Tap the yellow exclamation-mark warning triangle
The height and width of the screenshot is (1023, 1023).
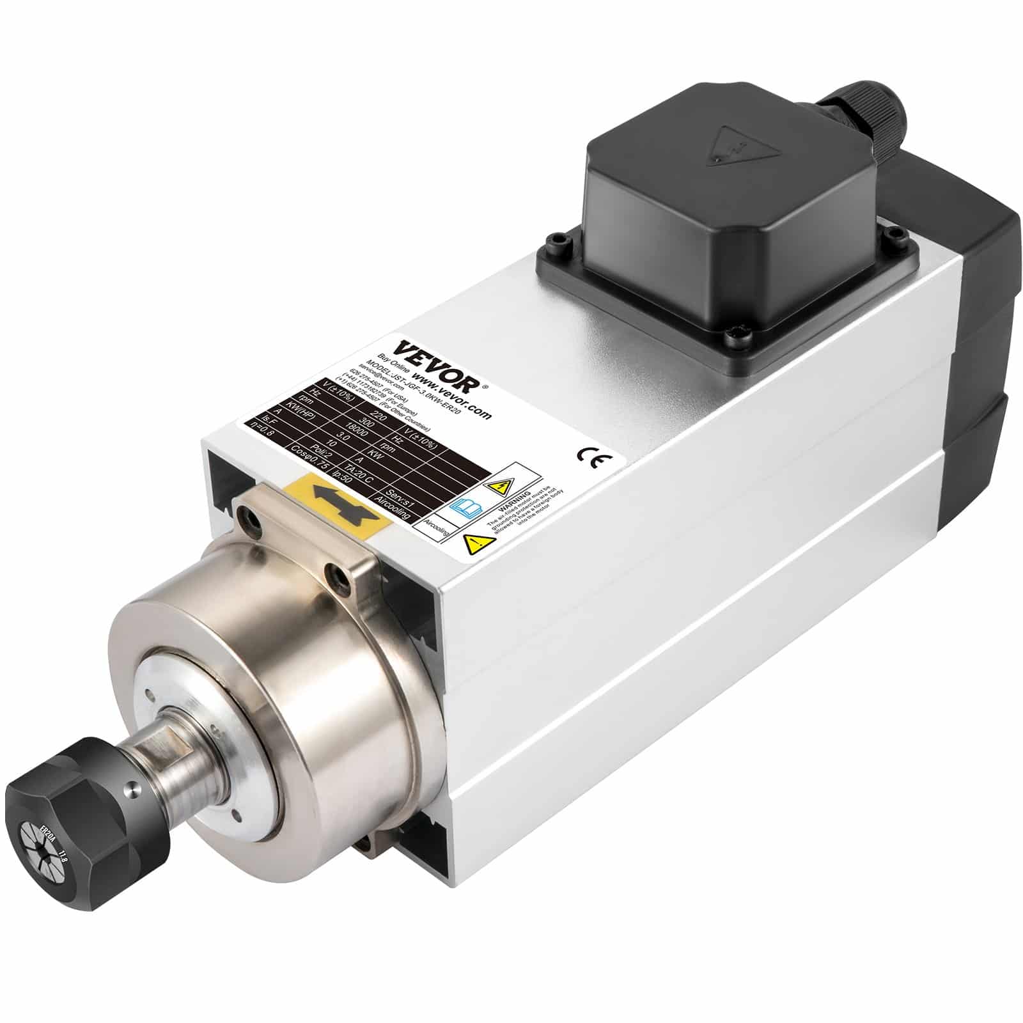(x=476, y=545)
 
